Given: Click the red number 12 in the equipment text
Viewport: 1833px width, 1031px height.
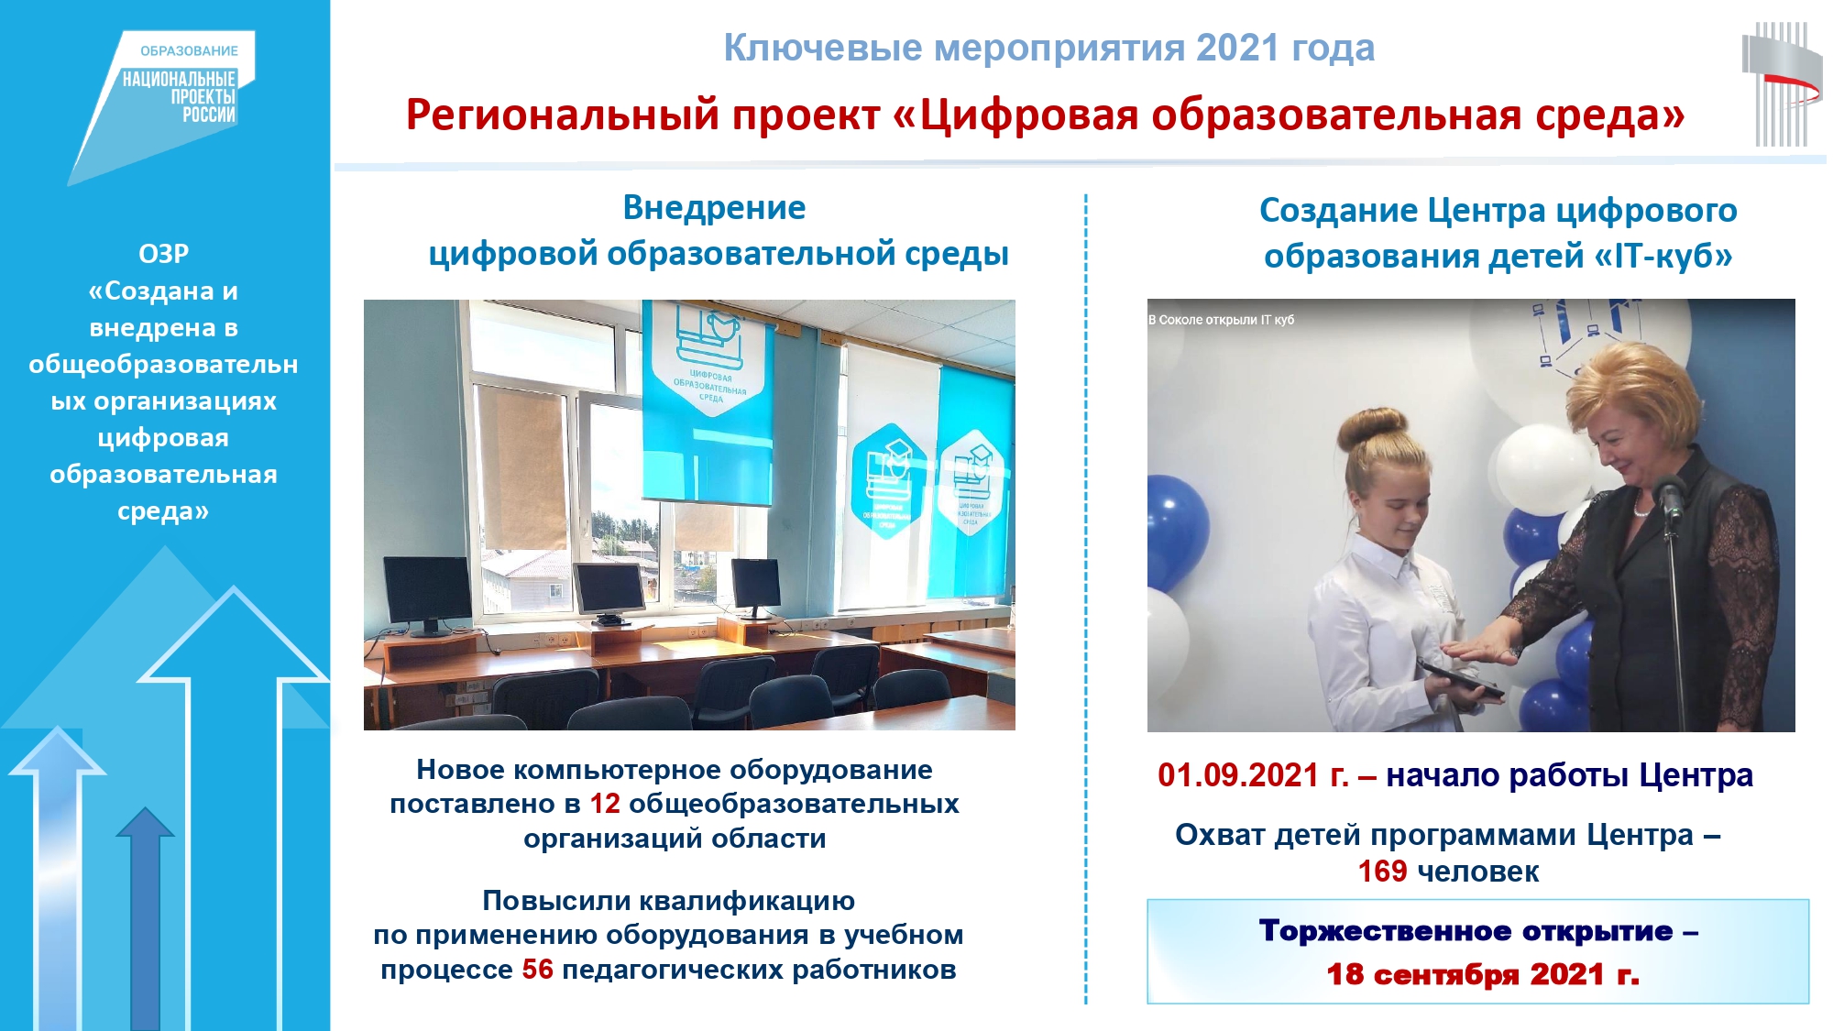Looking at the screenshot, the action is point(605,804).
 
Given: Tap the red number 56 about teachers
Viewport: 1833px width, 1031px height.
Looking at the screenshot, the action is point(538,970).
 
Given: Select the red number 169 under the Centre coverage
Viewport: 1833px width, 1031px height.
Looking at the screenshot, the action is point(1382,871).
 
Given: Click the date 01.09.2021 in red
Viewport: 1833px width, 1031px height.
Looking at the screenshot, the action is point(1238,775).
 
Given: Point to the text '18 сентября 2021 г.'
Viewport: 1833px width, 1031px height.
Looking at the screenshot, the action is point(1483,973).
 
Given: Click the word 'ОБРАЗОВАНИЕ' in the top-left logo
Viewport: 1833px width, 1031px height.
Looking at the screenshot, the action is point(189,51).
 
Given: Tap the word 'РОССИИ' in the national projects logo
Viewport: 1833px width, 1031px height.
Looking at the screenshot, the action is point(209,115).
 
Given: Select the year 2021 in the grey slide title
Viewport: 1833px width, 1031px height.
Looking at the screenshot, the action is point(1237,48).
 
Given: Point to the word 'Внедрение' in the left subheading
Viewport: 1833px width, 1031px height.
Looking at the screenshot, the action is point(714,208).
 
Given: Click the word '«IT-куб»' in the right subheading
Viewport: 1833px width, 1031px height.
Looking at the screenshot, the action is point(1663,257).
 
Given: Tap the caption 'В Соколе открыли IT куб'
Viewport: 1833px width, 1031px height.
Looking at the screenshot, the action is point(1222,320).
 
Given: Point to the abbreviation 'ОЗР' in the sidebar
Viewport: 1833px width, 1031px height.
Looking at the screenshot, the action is point(164,254).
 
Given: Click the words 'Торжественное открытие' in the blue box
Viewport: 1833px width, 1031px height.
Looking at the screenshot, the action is point(1465,931).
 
